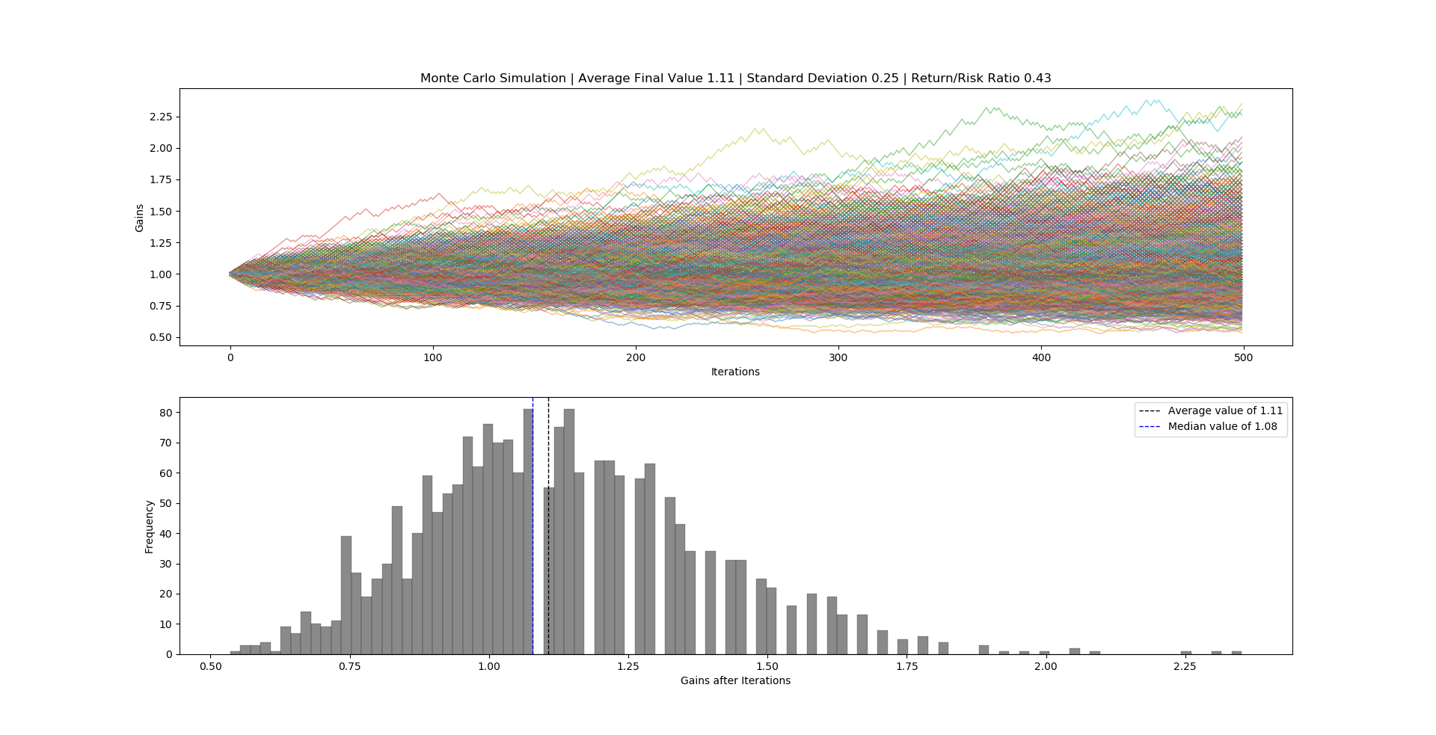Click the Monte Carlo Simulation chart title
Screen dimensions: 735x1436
[735, 79]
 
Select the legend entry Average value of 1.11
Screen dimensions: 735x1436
[1224, 410]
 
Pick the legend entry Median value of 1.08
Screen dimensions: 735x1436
[1222, 426]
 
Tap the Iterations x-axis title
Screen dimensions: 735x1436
[735, 372]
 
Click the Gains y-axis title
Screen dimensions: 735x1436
[140, 218]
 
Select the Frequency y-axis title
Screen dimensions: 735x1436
[149, 526]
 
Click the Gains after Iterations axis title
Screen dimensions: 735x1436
[735, 680]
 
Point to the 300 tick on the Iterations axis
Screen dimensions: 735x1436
[838, 357]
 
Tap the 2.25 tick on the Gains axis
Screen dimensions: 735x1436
[161, 117]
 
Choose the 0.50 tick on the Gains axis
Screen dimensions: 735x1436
[161, 337]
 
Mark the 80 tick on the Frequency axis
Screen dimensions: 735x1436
[165, 413]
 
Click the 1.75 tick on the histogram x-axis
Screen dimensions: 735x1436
[906, 666]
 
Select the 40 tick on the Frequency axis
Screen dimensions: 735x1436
[165, 534]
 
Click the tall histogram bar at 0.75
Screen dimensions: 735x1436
[346, 598]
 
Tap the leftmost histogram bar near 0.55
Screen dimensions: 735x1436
[235, 653]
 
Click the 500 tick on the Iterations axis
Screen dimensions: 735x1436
[1243, 357]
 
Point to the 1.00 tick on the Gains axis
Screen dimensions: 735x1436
[161, 274]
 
